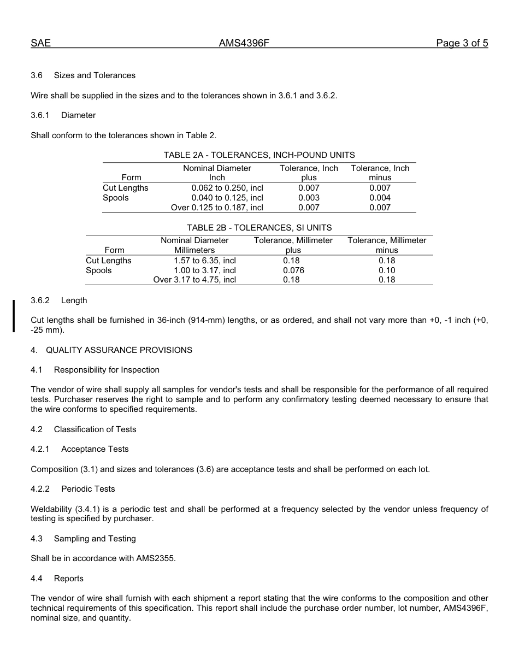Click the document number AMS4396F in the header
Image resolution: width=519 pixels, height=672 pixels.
click(244, 43)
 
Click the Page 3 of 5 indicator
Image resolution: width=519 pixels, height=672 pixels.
click(462, 43)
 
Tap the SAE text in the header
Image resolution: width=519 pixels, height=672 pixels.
click(40, 43)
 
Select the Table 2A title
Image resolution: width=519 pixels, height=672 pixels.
click(259, 155)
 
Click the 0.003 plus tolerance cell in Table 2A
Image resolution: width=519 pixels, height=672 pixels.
click(309, 198)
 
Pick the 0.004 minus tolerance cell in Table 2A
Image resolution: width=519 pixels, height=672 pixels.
click(380, 198)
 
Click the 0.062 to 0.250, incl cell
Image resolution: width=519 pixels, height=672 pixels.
click(227, 188)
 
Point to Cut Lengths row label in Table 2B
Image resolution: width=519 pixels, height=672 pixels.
click(108, 261)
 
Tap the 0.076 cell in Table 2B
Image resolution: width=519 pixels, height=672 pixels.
click(293, 270)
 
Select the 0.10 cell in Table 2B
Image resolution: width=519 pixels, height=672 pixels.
click(387, 270)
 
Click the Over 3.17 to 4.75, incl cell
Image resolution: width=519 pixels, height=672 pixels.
click(194, 280)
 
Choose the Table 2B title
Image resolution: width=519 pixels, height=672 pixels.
click(259, 228)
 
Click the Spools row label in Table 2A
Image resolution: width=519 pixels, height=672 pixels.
click(115, 198)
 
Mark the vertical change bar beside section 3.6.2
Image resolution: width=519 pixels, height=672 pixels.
click(14, 315)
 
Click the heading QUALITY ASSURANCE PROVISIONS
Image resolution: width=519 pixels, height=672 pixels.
click(119, 350)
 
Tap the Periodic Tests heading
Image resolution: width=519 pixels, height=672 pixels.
click(88, 489)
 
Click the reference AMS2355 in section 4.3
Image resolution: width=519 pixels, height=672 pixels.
click(155, 558)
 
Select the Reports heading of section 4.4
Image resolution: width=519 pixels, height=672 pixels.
click(68, 579)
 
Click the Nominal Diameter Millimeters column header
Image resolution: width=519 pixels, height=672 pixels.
click(194, 245)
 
